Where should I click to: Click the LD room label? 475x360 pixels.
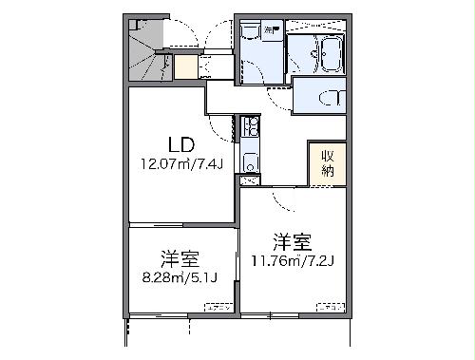pos(180,145)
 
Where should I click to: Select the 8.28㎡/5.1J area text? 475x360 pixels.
pos(180,277)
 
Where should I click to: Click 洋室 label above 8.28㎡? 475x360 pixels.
pos(178,258)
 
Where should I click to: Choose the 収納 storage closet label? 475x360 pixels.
pos(326,163)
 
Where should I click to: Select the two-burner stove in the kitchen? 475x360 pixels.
pos(250,126)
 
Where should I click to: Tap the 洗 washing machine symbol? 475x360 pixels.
pos(270,31)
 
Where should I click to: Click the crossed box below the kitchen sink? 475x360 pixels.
pos(250,179)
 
